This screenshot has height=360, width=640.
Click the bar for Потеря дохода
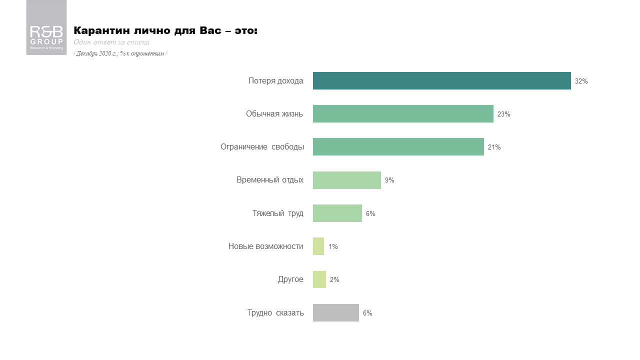[x=441, y=81]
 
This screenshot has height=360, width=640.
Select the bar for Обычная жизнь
[x=403, y=114]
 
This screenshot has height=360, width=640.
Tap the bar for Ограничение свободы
[x=398, y=147]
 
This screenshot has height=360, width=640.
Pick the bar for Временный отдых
[x=346, y=180]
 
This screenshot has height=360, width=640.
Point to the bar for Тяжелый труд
[x=337, y=213]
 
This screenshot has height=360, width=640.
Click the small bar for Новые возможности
[x=318, y=246]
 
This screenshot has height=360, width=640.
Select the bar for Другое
[x=319, y=279]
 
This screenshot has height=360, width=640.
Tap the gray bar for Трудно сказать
[x=335, y=313]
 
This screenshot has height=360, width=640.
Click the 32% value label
[x=581, y=81]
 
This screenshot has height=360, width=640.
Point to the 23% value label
[x=503, y=114]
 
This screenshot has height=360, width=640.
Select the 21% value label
[x=494, y=147]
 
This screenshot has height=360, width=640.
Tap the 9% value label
[x=389, y=180]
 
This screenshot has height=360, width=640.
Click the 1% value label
[x=333, y=246]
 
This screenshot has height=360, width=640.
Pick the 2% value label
[x=334, y=279]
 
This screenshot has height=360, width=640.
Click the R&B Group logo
[x=46, y=28]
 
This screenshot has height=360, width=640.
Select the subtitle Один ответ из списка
[x=111, y=42]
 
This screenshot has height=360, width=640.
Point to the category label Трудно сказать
[x=275, y=313]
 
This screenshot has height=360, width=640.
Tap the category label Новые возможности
[x=265, y=246]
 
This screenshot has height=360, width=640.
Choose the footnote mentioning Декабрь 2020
[x=120, y=53]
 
